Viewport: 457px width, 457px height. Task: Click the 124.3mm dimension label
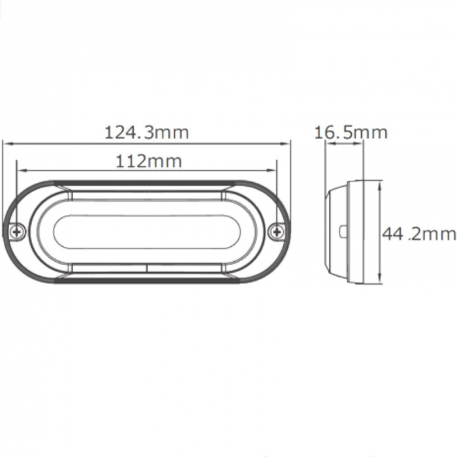click(147, 133)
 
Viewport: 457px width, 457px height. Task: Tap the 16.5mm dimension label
click(351, 133)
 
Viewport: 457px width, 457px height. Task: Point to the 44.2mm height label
click(418, 234)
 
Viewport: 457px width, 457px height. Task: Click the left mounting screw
click(18, 230)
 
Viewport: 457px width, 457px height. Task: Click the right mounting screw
click(277, 230)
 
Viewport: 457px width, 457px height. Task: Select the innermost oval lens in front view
click(148, 231)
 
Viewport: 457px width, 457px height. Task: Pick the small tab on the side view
click(343, 231)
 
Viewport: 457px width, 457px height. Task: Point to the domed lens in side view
click(334, 231)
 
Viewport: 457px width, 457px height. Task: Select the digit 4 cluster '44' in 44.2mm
click(391, 234)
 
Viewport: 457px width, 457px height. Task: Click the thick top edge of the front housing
click(147, 182)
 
